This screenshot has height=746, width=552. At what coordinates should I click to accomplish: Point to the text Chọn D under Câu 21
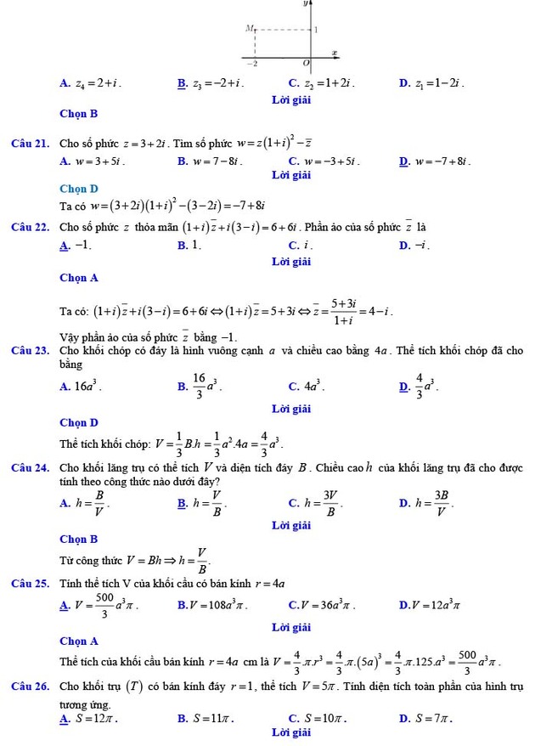(79, 189)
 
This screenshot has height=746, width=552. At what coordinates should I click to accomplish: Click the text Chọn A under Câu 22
(79, 277)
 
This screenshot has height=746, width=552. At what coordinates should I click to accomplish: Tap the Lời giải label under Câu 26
(291, 732)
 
